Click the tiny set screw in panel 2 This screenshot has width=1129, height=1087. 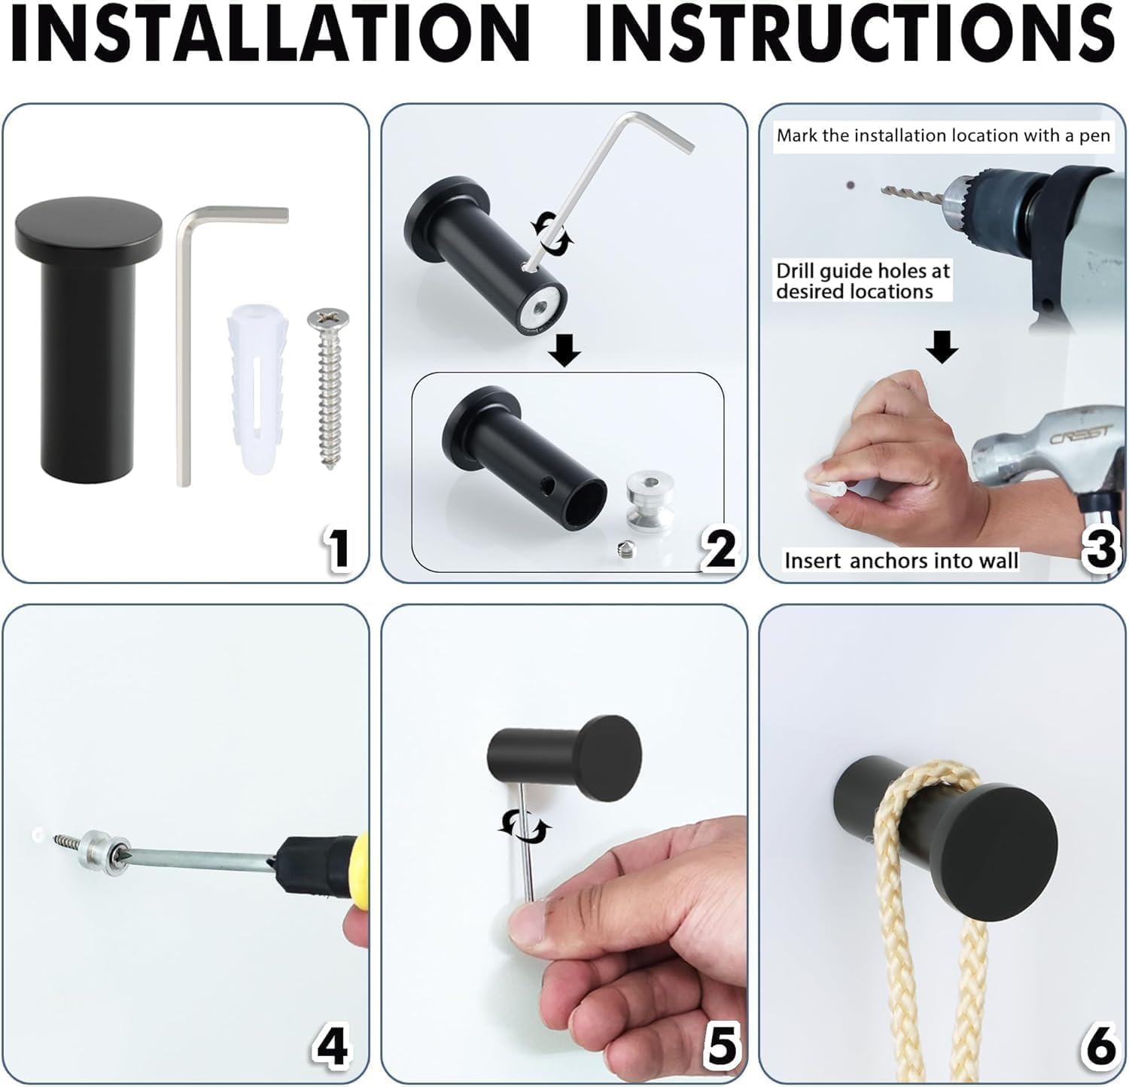coord(624,551)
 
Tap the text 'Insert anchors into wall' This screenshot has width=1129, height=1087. coord(900,561)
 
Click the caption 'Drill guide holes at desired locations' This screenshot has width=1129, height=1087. coord(863,281)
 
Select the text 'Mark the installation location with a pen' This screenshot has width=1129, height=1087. coord(942,135)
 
